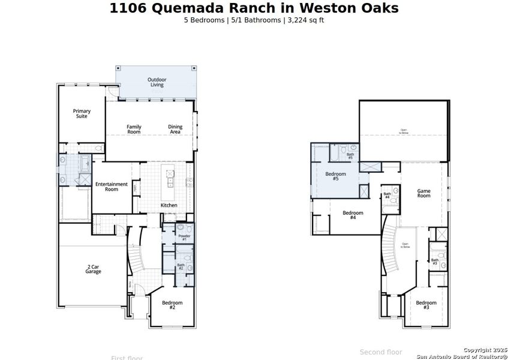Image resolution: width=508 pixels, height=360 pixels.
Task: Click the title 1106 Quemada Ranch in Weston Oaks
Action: pos(254,8)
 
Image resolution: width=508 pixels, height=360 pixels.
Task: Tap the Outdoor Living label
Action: pos(157,82)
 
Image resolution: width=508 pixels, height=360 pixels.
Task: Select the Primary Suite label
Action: pos(82,113)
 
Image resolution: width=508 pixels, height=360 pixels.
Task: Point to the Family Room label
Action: pos(134,129)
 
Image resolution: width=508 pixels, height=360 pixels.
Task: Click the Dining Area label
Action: pos(175,129)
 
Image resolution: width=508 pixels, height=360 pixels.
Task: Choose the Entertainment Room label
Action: pos(112,187)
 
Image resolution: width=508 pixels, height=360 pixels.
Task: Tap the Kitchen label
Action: pos(169,205)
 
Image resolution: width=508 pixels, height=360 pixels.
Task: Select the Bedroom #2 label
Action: pos(172,305)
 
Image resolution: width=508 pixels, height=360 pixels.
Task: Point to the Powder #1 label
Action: pos(184,238)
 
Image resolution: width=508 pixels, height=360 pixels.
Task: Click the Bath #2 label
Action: pos(181,266)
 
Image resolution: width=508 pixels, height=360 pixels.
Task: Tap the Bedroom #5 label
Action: pos(336,176)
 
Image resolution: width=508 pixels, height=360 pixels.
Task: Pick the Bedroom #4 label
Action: pos(353,215)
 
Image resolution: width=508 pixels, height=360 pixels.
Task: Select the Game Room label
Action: pos(423,193)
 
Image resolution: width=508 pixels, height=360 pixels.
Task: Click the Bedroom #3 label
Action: pos(426,305)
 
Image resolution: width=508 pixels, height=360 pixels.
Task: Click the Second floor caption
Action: pos(381,352)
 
